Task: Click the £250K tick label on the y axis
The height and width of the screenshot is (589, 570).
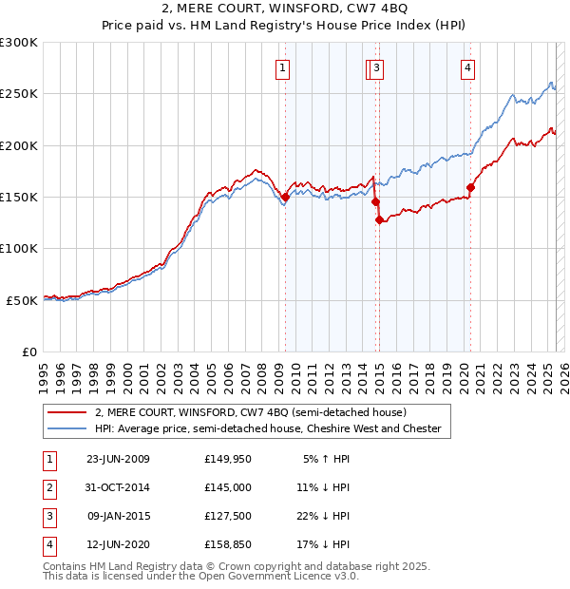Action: (x=19, y=94)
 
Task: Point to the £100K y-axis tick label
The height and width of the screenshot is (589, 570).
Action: (x=19, y=248)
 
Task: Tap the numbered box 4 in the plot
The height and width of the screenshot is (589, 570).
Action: (x=468, y=66)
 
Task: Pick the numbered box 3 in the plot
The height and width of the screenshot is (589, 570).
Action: (x=377, y=66)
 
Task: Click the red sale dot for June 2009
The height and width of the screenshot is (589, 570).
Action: (x=285, y=198)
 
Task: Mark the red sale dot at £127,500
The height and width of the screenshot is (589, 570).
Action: (x=379, y=220)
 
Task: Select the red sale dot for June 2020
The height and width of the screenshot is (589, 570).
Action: (x=470, y=188)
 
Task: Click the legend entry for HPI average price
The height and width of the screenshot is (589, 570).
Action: (x=267, y=428)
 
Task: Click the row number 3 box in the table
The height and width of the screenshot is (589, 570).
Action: (x=47, y=516)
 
